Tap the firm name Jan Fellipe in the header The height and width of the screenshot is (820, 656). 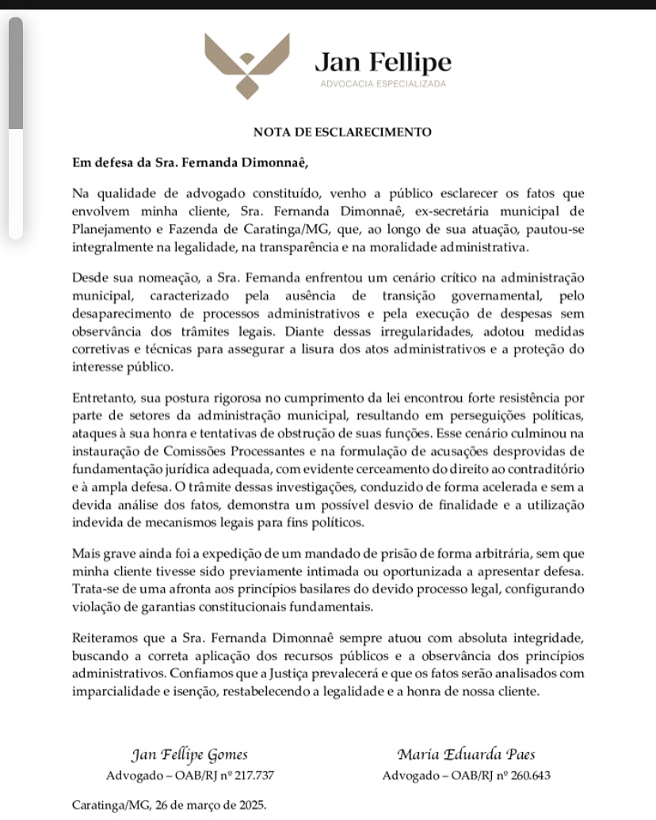coord(383,61)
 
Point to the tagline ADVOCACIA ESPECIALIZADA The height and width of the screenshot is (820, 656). coord(382,83)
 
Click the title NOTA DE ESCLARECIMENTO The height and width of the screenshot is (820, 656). coord(342,132)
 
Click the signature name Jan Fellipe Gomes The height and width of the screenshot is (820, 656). coord(190,753)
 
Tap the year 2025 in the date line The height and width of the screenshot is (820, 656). coord(251,805)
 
